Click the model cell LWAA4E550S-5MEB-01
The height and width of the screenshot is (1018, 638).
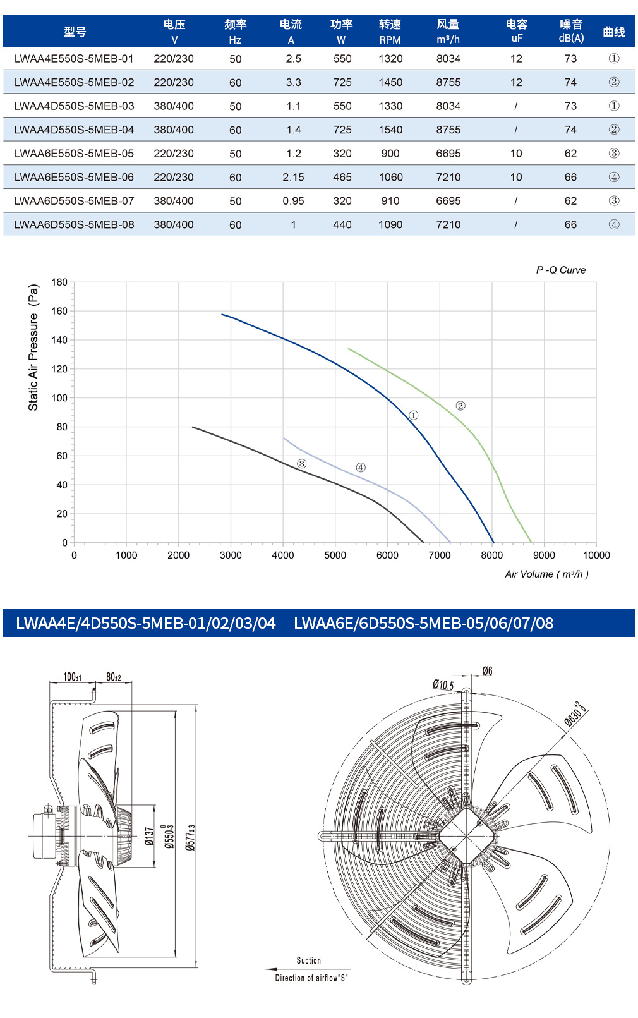coord(74,59)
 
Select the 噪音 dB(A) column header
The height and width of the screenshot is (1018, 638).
coord(571,32)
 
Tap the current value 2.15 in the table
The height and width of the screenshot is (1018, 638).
coord(294,177)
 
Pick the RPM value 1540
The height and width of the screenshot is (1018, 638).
coord(390,130)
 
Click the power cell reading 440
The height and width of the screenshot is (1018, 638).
coord(342,224)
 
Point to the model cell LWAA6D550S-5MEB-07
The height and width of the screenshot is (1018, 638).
coord(74,201)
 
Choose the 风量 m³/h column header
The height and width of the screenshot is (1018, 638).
coord(448,32)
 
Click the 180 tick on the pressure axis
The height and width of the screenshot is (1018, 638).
coord(59,282)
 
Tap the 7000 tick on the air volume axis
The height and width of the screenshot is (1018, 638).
coord(440,555)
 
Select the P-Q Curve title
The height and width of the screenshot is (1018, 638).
coord(561,270)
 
